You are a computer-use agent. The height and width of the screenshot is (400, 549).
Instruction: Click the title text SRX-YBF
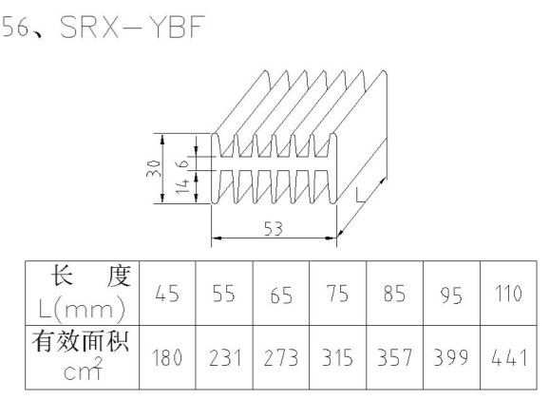point(132,27)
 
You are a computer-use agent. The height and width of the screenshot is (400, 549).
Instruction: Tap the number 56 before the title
point(15,27)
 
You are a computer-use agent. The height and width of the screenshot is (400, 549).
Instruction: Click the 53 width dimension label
point(274,229)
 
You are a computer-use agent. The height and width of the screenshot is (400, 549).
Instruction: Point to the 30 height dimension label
point(154,168)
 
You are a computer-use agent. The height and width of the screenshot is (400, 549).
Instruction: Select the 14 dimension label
point(182,186)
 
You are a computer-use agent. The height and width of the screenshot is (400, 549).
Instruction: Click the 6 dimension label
point(183,163)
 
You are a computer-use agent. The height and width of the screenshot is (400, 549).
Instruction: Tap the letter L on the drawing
point(361,195)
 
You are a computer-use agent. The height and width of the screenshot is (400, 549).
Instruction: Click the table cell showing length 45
point(167,294)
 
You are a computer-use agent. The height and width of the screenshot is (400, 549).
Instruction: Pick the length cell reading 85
point(394,294)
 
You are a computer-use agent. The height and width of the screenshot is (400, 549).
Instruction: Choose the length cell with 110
point(508,294)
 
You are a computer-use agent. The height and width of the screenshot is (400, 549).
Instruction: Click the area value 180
point(167,357)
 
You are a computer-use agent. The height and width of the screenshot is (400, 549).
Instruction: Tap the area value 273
point(281,357)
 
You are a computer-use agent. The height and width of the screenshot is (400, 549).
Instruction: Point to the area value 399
point(451,357)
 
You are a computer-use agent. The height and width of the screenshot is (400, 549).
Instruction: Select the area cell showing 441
point(509,357)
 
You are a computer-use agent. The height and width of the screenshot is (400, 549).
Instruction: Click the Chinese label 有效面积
point(81,341)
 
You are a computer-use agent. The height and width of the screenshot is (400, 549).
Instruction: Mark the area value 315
point(338,357)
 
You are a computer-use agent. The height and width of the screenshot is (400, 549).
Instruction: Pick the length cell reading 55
point(224,294)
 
